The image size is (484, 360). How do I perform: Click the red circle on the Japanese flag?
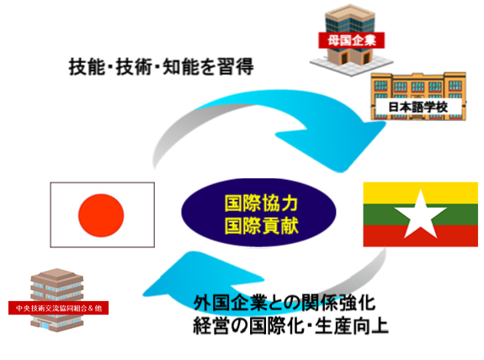pos(101,215)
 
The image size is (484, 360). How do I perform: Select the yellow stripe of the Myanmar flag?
pos(420,193)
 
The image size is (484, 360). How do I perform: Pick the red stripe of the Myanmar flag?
pos(420,236)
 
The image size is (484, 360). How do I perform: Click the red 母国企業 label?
pos(351,40)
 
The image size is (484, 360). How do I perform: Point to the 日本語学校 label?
pos(418,107)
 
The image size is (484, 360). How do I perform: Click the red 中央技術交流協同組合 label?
pos(58,308)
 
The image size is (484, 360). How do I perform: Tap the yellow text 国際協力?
pos(261,204)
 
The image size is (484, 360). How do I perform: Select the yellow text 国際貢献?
pos(261,225)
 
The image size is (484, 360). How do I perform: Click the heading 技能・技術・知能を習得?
pos(161,66)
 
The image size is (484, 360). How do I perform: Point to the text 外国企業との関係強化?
pos(285,303)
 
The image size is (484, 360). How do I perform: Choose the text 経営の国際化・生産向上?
pos(290,326)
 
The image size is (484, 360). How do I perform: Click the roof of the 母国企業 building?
pos(349,12)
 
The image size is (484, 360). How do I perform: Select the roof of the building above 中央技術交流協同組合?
pos(56,274)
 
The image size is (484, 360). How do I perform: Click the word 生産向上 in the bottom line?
pos(351,326)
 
